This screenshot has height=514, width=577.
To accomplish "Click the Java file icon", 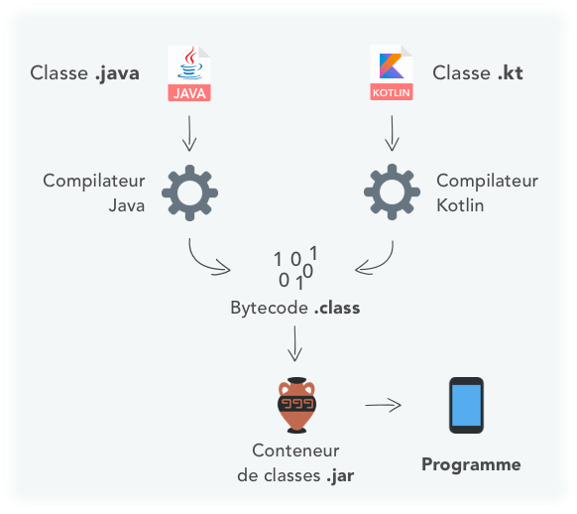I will coord(189,73).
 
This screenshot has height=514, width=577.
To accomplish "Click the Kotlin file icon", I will coord(392,73).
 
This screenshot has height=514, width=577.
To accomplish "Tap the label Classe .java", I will coord(84,73).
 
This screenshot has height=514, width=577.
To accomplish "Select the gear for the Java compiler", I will coord(189,192).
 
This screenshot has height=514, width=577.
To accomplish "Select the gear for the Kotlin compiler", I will coord(393,192).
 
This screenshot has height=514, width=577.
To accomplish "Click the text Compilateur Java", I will coord(94,193).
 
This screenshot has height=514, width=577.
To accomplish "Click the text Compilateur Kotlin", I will coord(487,193).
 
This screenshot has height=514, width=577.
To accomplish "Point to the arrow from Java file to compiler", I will coord(189,130).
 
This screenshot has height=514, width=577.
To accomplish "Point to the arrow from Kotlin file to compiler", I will coord(393,130).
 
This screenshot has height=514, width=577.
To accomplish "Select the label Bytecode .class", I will coord(294,308).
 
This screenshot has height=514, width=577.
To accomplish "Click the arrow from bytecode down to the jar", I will coord(294,343).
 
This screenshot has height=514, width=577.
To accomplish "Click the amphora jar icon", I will coord(294,404).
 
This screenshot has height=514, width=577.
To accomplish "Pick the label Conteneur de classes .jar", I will coord(294,462).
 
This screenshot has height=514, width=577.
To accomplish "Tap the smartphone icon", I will coord(466,405).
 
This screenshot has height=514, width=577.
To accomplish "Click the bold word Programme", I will coord(471,464).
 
